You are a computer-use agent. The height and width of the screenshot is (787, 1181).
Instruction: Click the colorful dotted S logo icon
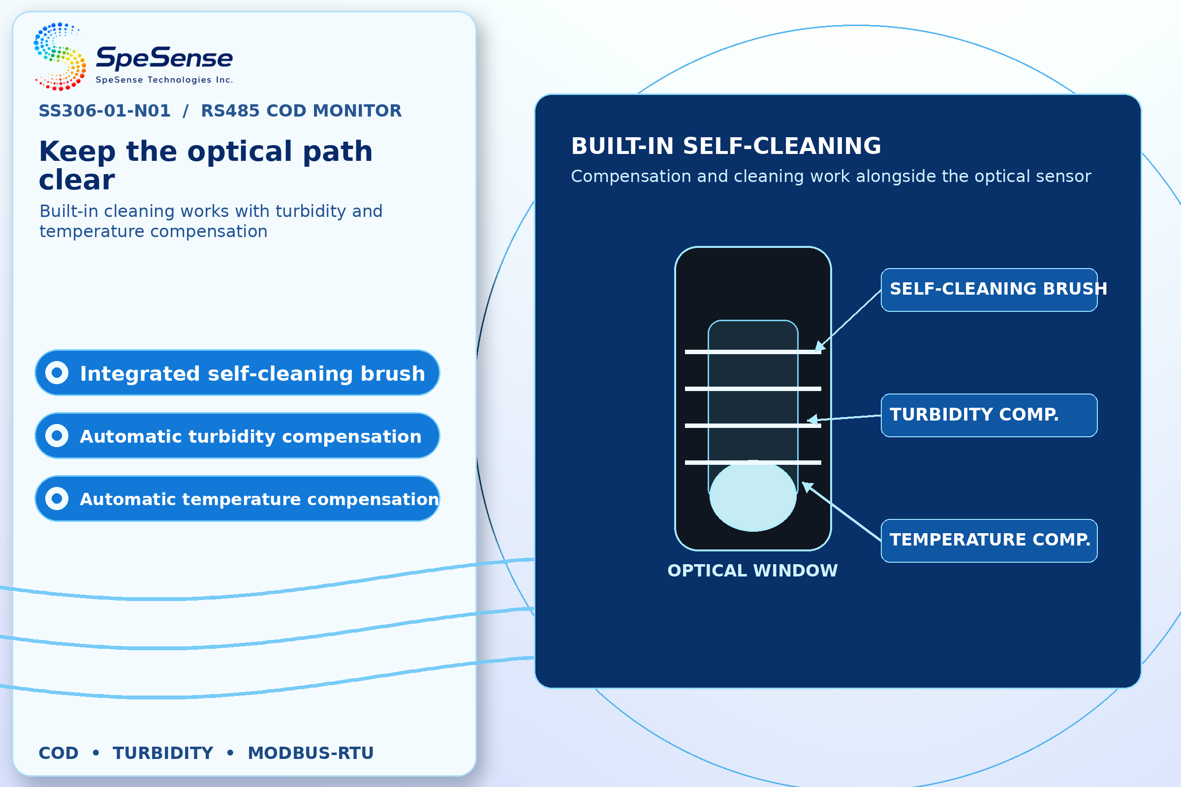coord(60,56)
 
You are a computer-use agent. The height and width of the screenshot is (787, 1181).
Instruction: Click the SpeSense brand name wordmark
coord(164,58)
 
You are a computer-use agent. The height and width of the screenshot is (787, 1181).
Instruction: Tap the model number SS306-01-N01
coord(104,110)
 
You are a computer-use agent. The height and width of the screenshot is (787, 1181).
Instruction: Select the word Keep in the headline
coord(77,151)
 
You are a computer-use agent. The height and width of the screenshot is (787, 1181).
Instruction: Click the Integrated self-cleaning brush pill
coord(237,373)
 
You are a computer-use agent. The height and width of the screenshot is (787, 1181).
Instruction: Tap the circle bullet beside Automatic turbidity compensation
coord(57,436)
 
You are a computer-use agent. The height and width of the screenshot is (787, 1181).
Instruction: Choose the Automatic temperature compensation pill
coord(237,498)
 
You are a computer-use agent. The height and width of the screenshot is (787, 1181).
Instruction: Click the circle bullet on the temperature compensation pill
coord(57,498)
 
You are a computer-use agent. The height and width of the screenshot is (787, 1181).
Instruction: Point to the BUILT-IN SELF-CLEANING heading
coord(726,146)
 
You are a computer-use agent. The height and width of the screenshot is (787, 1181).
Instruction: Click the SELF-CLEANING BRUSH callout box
coord(989,290)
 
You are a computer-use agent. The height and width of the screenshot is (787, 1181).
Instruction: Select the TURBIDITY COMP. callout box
coord(989,415)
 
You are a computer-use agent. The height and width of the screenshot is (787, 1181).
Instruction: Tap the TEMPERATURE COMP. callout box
coord(989,541)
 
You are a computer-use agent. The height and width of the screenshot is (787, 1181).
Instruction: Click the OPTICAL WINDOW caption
coord(753,571)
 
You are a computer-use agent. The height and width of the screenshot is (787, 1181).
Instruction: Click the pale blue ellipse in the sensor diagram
coord(753,495)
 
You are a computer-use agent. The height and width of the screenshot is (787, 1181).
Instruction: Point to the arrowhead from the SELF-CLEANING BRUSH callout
coord(819,346)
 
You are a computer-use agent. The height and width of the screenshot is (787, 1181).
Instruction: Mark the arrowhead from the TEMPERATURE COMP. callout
coord(807,486)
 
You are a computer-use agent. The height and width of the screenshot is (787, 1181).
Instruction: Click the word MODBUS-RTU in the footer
coord(311,753)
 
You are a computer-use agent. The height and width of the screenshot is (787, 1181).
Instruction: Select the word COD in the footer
coord(59,753)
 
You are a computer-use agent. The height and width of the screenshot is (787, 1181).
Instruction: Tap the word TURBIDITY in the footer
coord(163,753)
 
